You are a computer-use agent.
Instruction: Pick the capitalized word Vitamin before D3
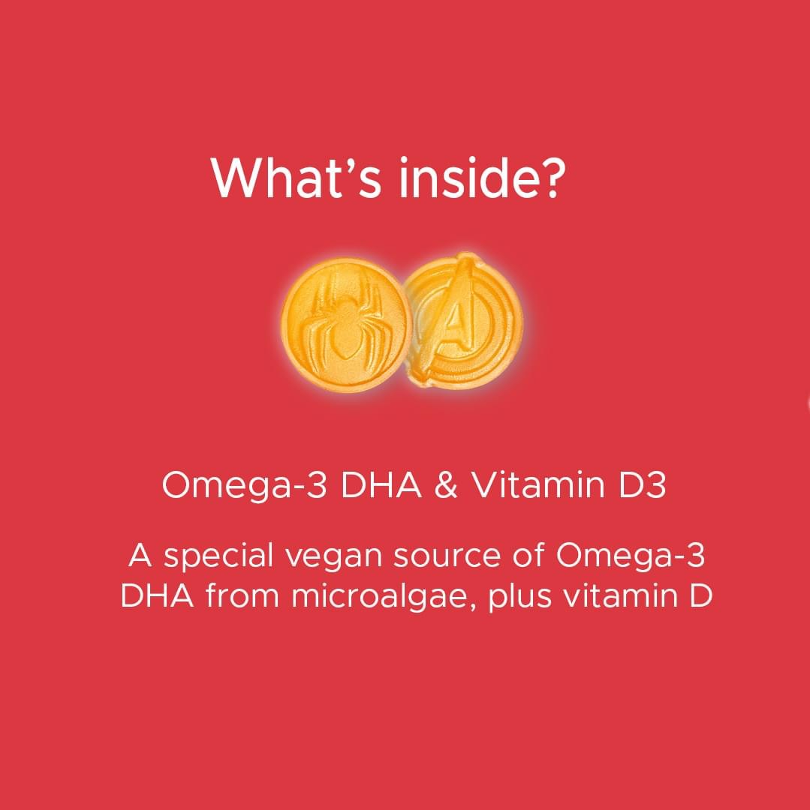click(x=537, y=487)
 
